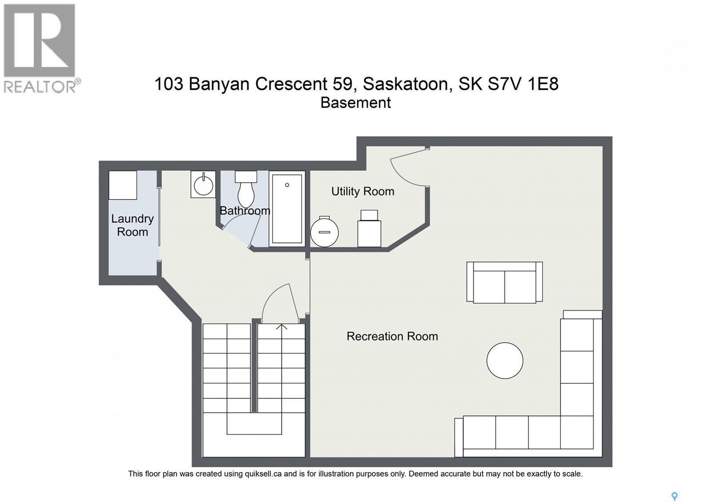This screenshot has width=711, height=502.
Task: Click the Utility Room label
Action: click(363, 191)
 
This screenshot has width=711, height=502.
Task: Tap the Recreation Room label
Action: click(392, 336)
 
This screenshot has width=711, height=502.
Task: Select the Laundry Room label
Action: click(132, 225)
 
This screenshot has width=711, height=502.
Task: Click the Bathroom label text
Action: click(245, 211)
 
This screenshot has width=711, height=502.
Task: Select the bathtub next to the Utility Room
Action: click(287, 208)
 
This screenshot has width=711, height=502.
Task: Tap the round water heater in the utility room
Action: click(324, 232)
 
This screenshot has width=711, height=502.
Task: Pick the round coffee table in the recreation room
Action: click(505, 360)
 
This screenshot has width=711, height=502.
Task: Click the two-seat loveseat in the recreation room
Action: click(504, 283)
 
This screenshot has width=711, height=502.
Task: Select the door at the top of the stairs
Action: click(280, 304)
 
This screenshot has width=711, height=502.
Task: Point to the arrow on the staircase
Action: click(281, 327)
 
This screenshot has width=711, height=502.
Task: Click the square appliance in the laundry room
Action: click(123, 185)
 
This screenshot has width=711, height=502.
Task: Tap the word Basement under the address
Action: click(355, 103)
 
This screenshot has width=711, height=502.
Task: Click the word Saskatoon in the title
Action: click(405, 84)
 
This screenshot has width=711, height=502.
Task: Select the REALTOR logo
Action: click(41, 48)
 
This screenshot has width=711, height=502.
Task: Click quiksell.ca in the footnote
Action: click(263, 474)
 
